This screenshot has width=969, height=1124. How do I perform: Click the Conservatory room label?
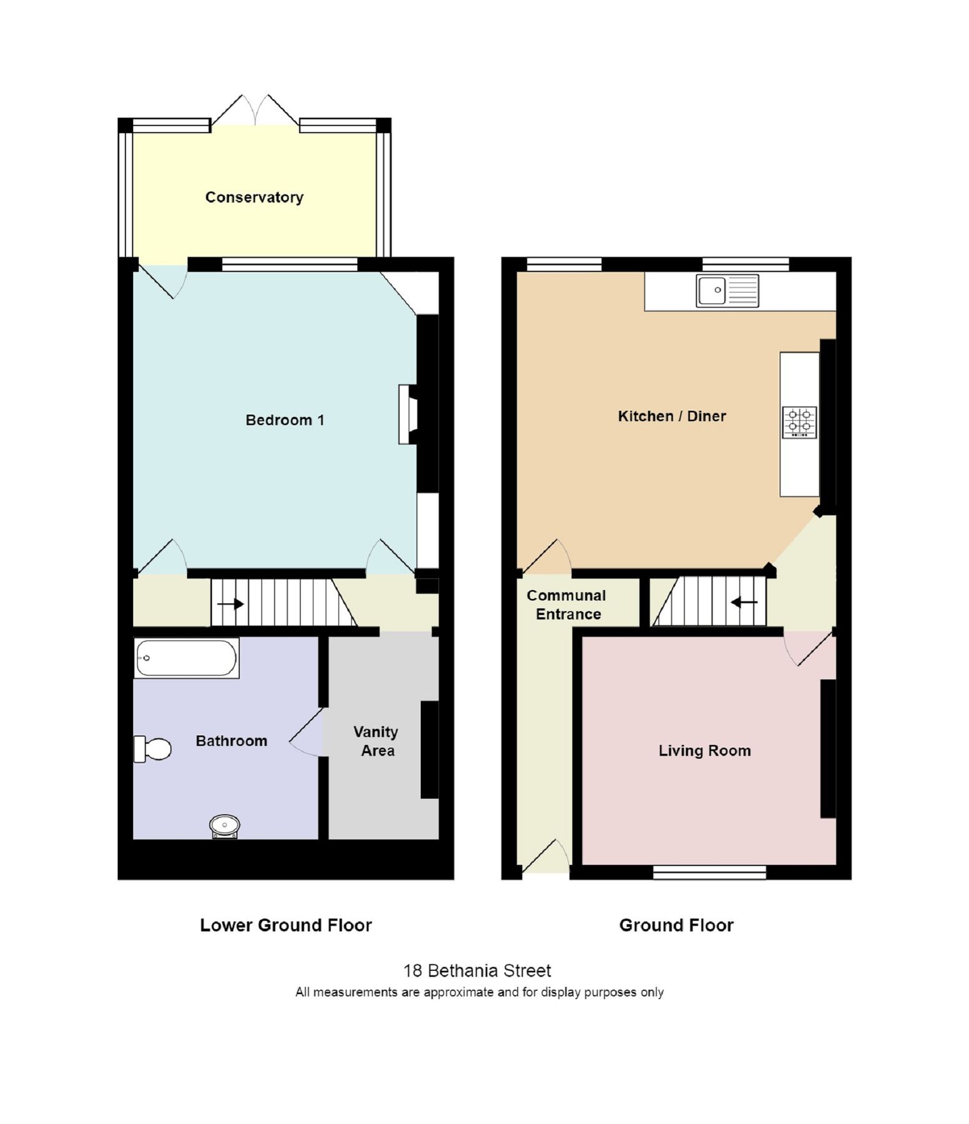pos(254,197)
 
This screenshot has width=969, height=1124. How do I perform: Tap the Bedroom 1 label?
pos(285,420)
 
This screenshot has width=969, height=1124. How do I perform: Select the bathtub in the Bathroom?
pos(186,658)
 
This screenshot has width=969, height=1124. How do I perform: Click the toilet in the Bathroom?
pos(154,749)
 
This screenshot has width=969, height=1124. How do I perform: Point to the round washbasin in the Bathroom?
pos(224,826)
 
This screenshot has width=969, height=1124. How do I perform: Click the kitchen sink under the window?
pos(727,290)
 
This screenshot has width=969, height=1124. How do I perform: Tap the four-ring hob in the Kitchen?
pos(799,422)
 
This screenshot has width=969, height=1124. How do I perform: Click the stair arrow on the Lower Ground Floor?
pos(230,604)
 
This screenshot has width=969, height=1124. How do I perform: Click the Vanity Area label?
pos(376,741)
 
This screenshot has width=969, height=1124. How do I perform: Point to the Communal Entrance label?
pos(567,604)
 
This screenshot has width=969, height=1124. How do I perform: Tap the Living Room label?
pos(704,751)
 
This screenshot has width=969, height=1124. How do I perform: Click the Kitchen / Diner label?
pos(672,417)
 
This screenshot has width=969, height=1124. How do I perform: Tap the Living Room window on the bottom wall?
pos(709,872)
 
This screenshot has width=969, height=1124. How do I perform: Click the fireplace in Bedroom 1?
pos(408,415)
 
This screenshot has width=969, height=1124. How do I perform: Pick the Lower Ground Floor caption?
pos(285,925)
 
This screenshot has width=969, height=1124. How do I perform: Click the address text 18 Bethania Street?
pos(477,971)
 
